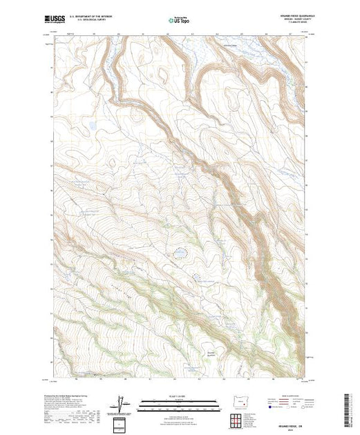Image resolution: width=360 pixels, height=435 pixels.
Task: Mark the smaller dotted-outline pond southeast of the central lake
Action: tap(198, 278)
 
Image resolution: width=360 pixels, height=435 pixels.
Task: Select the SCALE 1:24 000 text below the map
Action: tap(180, 396)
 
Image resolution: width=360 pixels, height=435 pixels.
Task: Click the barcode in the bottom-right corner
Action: tap(350, 407)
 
